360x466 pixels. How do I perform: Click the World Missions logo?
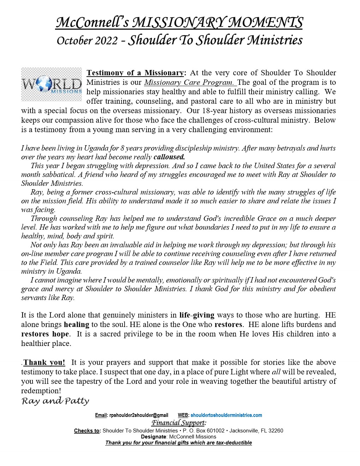(x=52, y=84)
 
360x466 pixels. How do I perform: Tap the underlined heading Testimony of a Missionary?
(x=135, y=73)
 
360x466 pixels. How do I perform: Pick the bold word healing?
(x=77, y=324)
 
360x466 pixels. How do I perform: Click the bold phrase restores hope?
(x=45, y=334)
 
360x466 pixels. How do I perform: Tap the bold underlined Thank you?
(x=44, y=362)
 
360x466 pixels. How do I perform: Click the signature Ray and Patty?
(x=55, y=401)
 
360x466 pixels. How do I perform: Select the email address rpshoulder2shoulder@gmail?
(x=139, y=415)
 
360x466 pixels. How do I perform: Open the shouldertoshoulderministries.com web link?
(x=226, y=415)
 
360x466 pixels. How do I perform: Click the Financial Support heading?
(x=179, y=423)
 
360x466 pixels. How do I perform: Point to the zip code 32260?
(x=276, y=431)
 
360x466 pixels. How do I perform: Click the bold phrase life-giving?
(x=197, y=315)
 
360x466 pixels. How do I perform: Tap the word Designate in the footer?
(x=153, y=437)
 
